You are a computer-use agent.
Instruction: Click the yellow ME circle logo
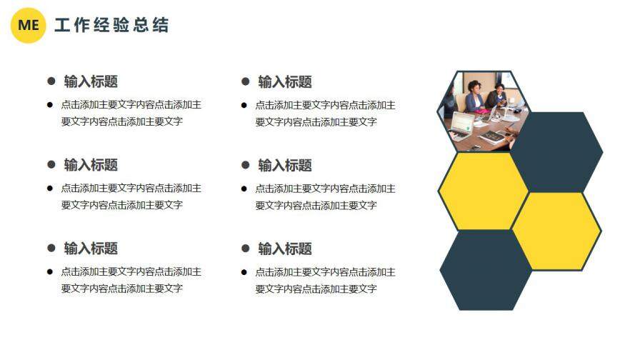click(x=29, y=25)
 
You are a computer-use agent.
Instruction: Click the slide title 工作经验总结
click(x=111, y=26)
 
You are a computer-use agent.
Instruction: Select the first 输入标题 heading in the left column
click(x=91, y=81)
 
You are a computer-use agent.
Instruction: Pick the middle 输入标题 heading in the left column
click(x=91, y=165)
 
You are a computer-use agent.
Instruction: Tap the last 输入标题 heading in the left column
click(x=91, y=249)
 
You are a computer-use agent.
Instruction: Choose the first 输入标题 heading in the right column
click(x=285, y=82)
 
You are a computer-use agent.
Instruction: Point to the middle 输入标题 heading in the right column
click(x=285, y=166)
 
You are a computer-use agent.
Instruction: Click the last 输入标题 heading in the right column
click(x=285, y=249)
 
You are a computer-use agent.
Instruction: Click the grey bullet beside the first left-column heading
click(x=51, y=81)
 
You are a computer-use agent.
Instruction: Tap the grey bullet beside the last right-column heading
click(x=246, y=249)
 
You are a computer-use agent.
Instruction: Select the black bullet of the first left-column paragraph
click(x=50, y=105)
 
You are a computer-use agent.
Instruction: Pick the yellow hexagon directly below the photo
click(x=483, y=191)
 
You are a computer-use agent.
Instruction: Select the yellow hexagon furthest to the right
click(x=556, y=231)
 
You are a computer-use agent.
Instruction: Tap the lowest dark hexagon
click(x=486, y=270)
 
